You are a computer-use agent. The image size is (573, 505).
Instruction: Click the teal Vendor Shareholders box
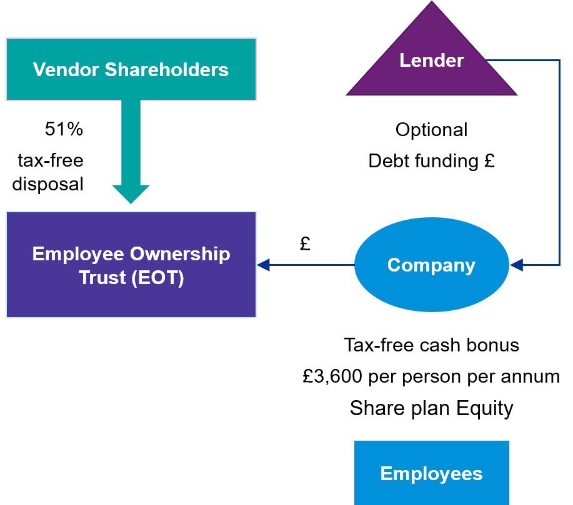tap(131, 69)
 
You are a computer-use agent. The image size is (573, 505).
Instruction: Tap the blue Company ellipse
tap(431, 265)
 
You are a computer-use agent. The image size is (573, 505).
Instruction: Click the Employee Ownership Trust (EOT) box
tap(131, 265)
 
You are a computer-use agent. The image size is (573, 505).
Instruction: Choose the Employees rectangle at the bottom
tap(431, 473)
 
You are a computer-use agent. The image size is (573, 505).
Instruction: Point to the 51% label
tap(64, 130)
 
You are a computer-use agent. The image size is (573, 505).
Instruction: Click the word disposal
tap(47, 185)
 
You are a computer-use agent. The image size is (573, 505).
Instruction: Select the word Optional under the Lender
tap(431, 130)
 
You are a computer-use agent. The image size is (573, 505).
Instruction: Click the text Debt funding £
tap(431, 161)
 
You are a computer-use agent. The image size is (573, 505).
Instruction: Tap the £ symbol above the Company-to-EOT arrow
tap(305, 244)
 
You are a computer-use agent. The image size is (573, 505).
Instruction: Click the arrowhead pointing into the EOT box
tap(263, 265)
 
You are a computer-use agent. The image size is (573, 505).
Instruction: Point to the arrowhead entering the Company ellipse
tap(516, 265)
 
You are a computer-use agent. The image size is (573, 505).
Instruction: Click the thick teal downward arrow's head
tap(131, 194)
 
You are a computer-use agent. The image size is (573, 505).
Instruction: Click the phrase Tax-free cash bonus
tap(431, 345)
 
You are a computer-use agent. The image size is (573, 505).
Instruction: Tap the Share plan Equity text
tap(431, 408)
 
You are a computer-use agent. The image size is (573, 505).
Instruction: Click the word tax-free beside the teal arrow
tap(51, 160)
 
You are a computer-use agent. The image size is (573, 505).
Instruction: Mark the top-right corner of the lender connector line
tap(559, 61)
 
